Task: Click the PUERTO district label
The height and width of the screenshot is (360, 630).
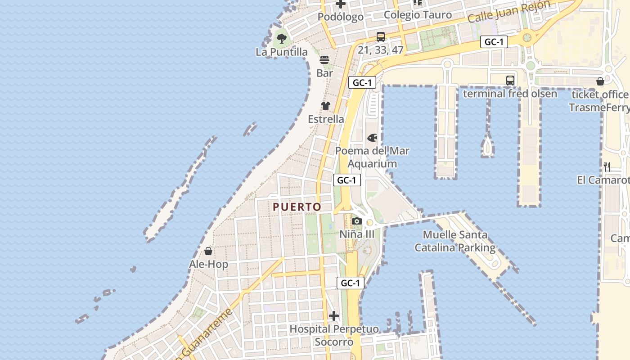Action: pyautogui.click(x=297, y=207)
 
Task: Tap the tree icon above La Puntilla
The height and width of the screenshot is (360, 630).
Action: pyautogui.click(x=282, y=39)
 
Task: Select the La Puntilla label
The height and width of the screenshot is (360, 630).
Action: pyautogui.click(x=282, y=52)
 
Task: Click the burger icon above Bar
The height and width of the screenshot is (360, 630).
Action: pyautogui.click(x=324, y=60)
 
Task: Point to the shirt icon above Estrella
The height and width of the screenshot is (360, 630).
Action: pyautogui.click(x=326, y=106)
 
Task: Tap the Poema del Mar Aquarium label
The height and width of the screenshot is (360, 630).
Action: pyautogui.click(x=372, y=157)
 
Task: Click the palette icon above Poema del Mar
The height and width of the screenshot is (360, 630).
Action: pyautogui.click(x=373, y=138)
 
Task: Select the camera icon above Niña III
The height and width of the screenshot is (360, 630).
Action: pyautogui.click(x=357, y=221)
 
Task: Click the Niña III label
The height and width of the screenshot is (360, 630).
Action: pyautogui.click(x=357, y=234)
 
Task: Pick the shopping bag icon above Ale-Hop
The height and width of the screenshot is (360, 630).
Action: pyautogui.click(x=208, y=251)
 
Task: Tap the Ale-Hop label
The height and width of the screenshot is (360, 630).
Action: pyautogui.click(x=208, y=264)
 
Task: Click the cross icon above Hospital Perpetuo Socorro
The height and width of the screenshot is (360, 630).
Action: pyautogui.click(x=333, y=316)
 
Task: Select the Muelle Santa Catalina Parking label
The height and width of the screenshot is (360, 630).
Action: pyautogui.click(x=455, y=241)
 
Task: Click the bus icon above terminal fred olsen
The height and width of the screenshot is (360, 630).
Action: pyautogui.click(x=510, y=81)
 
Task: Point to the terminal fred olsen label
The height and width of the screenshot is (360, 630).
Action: pyautogui.click(x=510, y=94)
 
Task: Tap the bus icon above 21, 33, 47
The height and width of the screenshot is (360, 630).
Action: pyautogui.click(x=381, y=37)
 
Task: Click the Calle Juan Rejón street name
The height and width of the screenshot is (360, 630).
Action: pyautogui.click(x=508, y=12)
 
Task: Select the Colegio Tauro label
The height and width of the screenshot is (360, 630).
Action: pyautogui.click(x=418, y=15)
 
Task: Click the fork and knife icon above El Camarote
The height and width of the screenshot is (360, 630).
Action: pyautogui.click(x=607, y=167)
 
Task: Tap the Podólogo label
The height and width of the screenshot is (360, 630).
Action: pyautogui.click(x=341, y=17)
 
